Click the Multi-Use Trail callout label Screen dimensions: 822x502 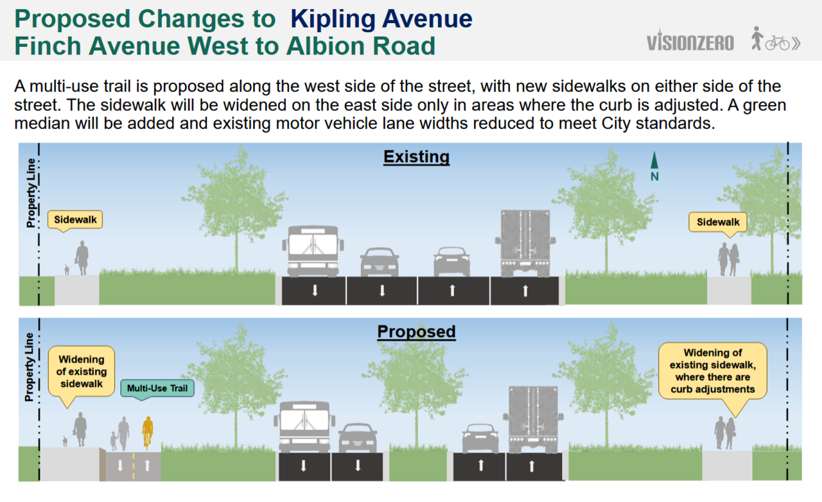coord(157,388)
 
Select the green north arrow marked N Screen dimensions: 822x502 coord(654,166)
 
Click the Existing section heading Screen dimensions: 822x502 coord(417,157)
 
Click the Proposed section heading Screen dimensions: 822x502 coord(417,332)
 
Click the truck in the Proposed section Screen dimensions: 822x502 coord(533,419)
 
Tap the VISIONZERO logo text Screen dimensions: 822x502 coord(690,42)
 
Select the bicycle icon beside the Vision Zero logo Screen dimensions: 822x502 coord(778,43)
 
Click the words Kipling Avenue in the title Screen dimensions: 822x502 coord(381,19)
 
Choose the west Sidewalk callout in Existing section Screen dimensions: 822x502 coord(75,221)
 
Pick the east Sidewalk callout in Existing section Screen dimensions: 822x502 coord(718,223)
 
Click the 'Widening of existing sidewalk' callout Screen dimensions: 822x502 coord(82,372)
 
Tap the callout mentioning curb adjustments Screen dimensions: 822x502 coord(713,371)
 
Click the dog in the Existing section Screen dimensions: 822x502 coord(66,270)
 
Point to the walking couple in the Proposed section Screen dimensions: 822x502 coord(725,433)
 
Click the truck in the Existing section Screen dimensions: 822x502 coord(525,243)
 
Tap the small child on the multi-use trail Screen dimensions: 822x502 coord(114,441)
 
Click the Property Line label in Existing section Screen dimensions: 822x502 coord(31,193)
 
